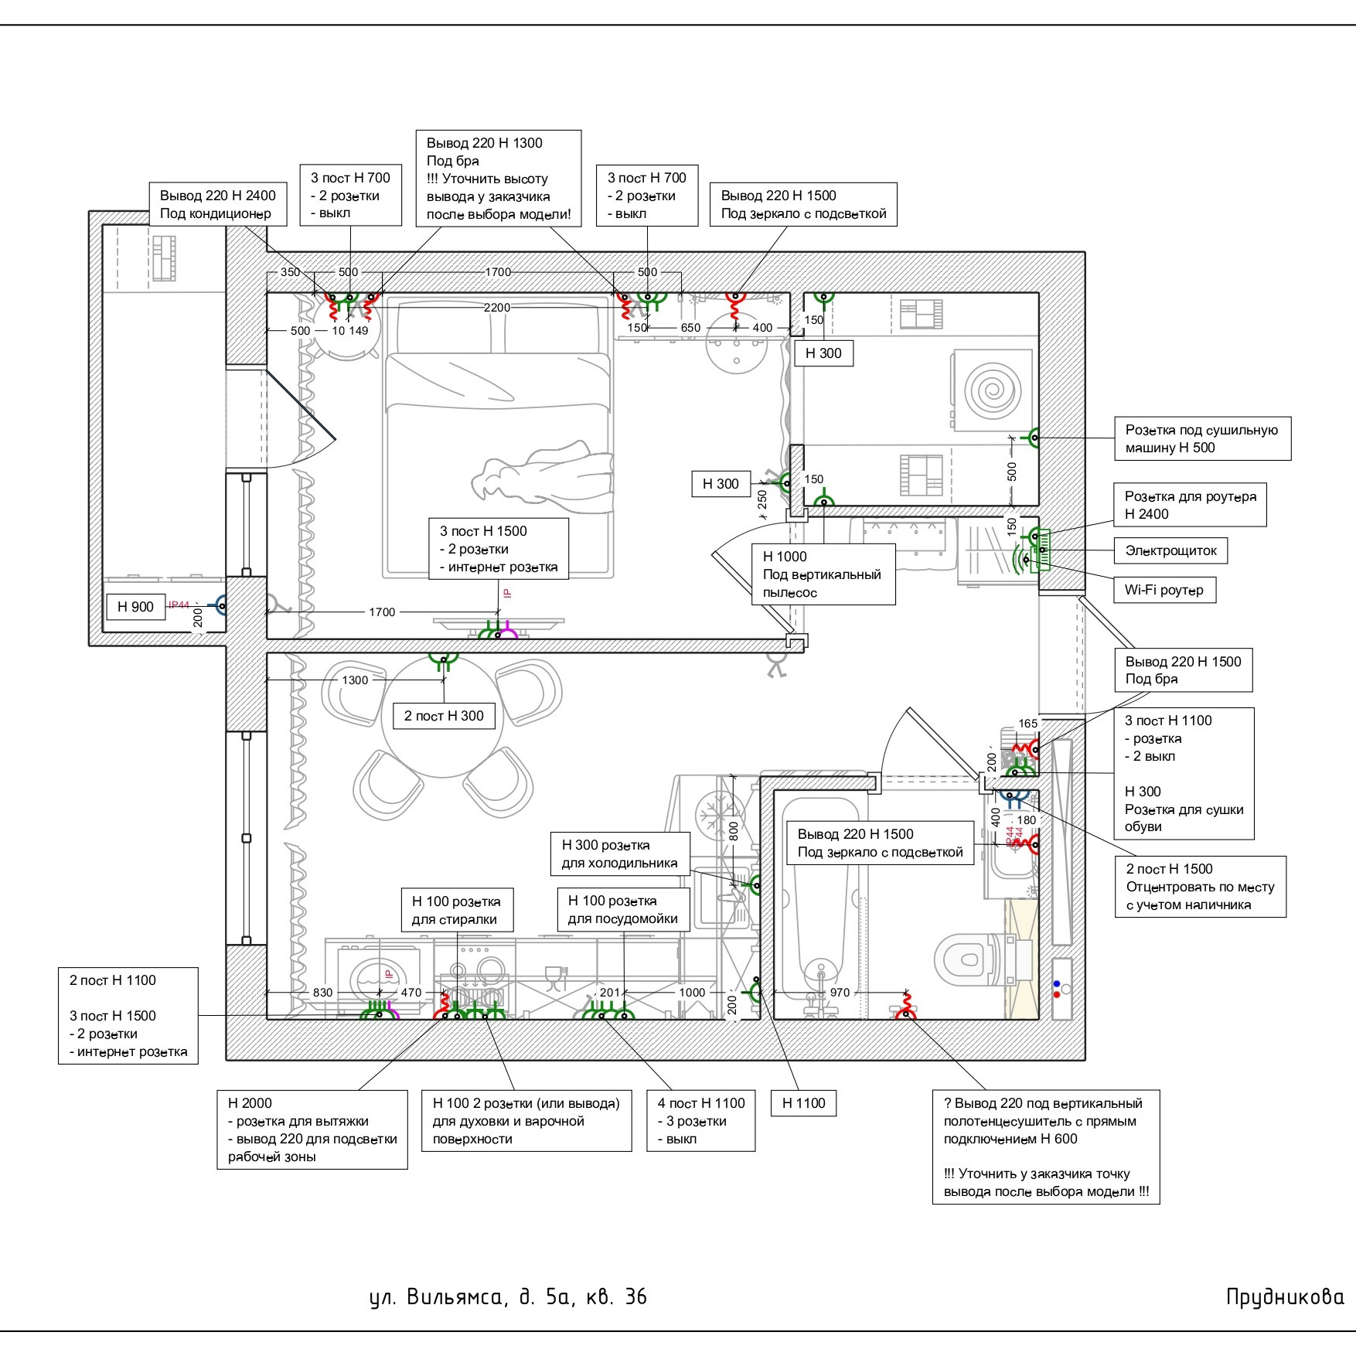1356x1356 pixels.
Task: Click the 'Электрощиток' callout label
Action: click(x=1170, y=550)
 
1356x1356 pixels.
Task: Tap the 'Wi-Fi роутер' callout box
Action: click(x=1164, y=590)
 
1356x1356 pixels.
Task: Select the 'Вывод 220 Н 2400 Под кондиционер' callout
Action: click(x=217, y=205)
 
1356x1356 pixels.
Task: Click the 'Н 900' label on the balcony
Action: click(x=135, y=607)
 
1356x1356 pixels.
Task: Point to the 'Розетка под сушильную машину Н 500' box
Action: click(x=1202, y=438)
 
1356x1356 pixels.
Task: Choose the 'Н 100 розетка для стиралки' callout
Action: click(x=457, y=911)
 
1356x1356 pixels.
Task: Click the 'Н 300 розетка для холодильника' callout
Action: click(x=620, y=854)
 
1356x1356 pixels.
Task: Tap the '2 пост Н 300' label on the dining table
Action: click(x=444, y=716)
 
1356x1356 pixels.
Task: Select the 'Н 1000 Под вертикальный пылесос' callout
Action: click(x=823, y=574)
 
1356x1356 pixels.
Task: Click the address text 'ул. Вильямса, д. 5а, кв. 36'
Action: click(x=508, y=1296)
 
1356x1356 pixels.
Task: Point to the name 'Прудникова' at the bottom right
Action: click(x=1285, y=1296)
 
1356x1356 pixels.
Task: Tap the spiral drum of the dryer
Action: click(x=990, y=390)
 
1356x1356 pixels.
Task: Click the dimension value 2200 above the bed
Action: click(x=497, y=308)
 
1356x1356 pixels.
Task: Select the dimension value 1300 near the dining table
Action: click(x=355, y=680)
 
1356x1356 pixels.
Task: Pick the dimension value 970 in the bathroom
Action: click(x=840, y=993)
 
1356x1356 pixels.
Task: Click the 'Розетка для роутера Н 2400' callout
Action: click(x=1190, y=505)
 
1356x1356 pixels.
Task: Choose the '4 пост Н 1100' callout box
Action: click(x=700, y=1121)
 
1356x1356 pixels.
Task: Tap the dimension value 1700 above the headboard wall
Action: click(x=498, y=272)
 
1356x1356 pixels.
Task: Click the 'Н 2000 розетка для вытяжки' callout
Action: click(x=312, y=1129)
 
